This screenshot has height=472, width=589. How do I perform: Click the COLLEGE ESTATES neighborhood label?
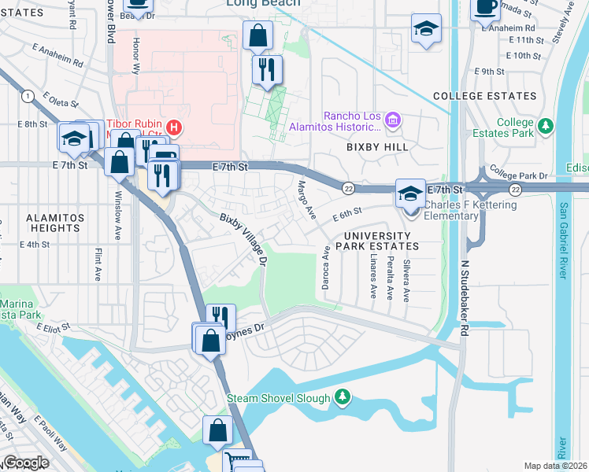(485, 96)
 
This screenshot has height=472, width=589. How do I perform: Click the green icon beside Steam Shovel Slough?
(342, 398)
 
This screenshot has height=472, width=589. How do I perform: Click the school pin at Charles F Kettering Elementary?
(409, 194)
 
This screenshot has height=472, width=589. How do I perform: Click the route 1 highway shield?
(28, 96)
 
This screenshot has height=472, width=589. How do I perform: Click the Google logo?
(26, 462)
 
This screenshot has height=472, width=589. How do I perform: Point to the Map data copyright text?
(556, 466)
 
